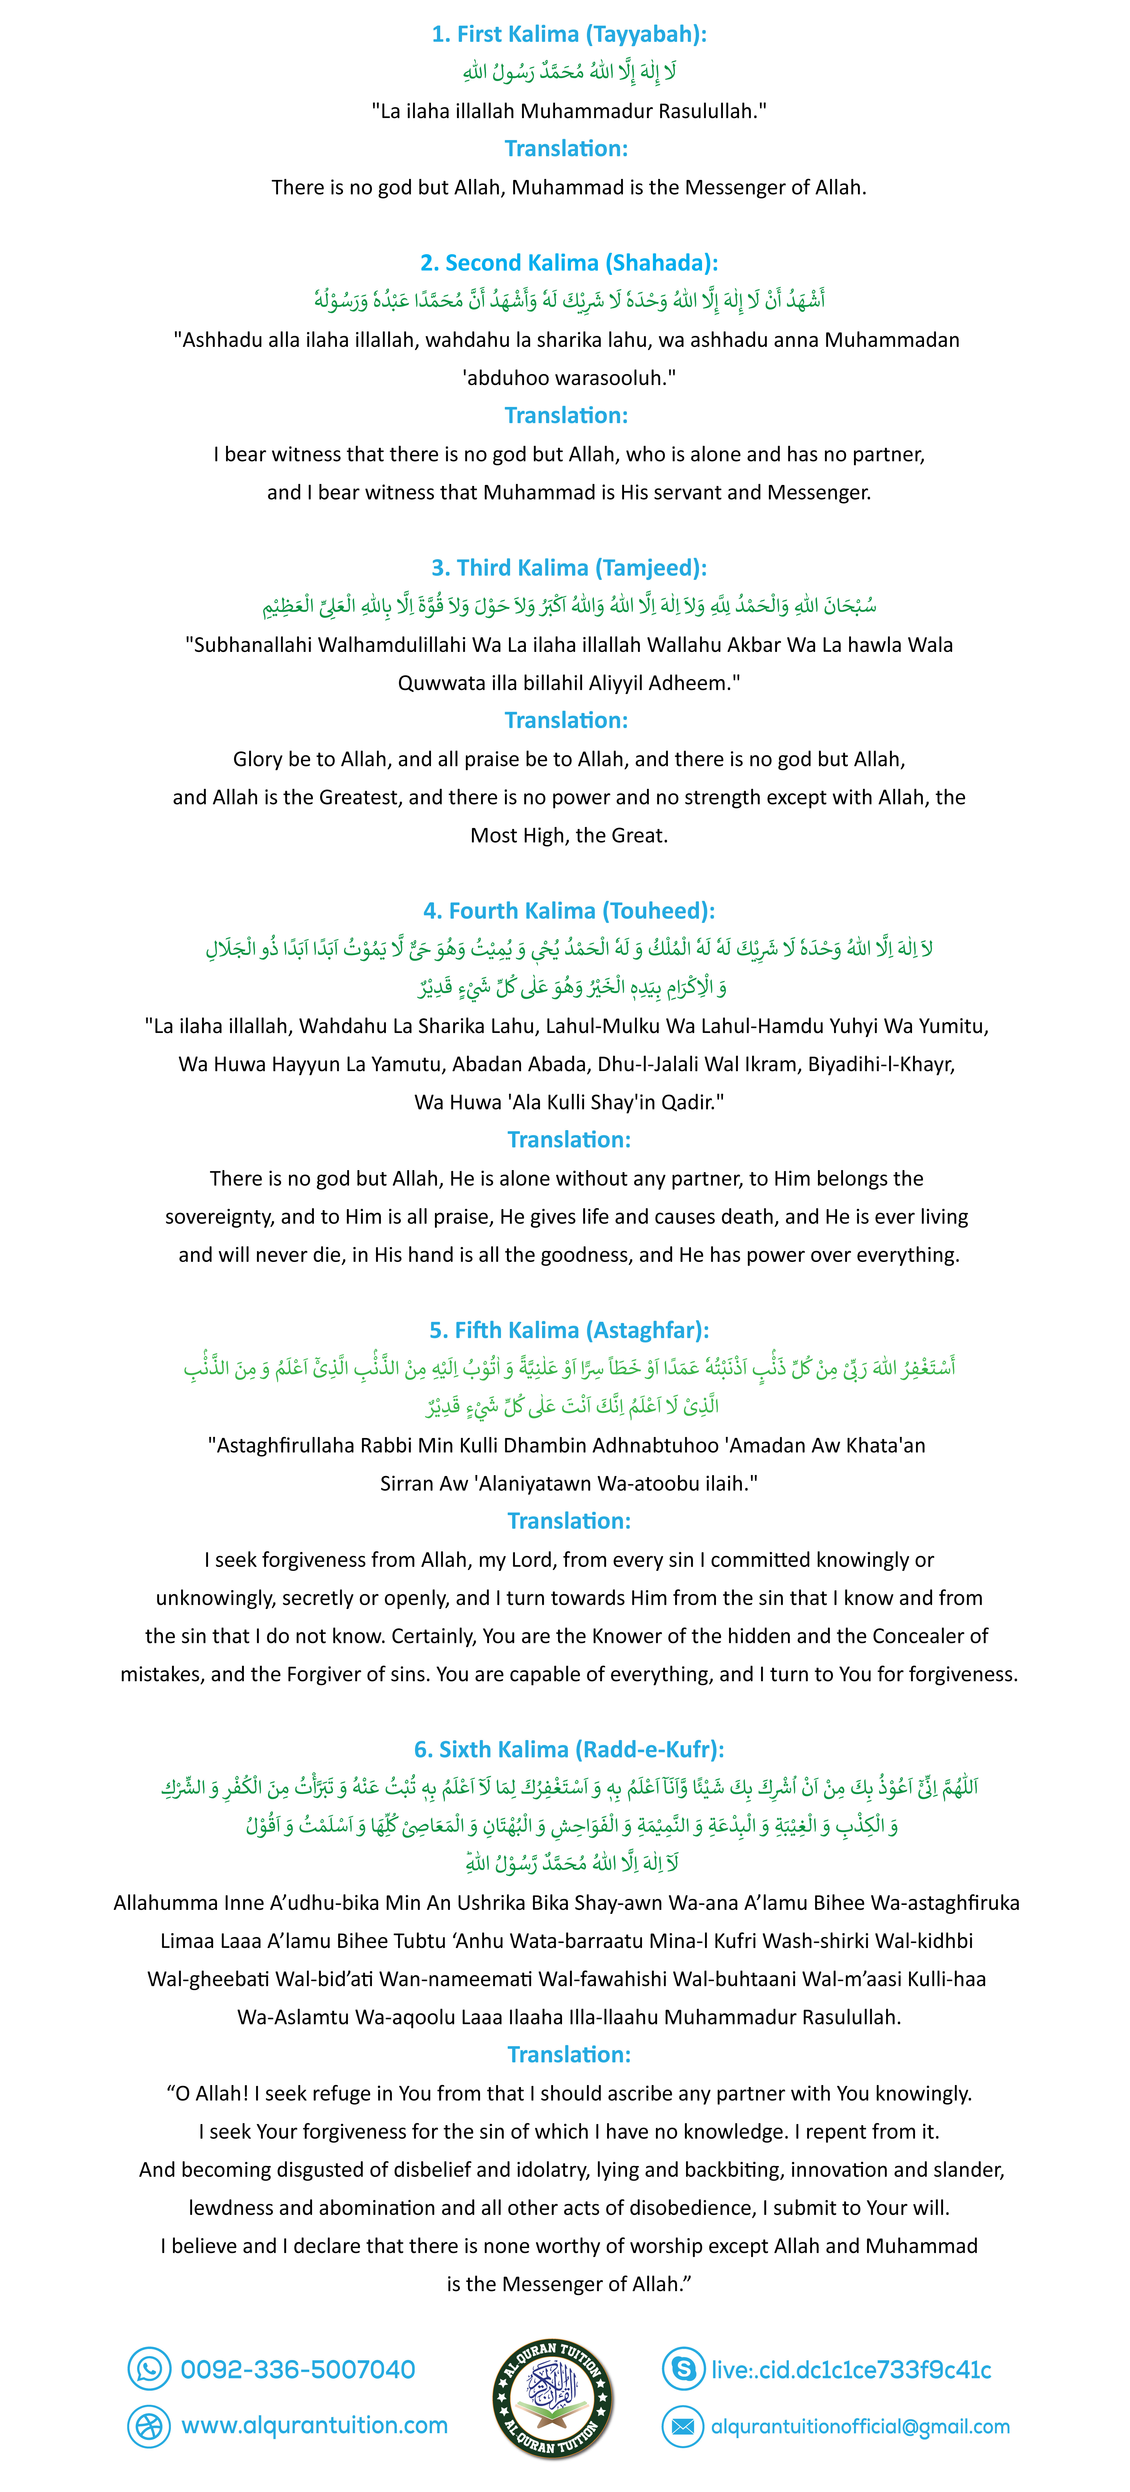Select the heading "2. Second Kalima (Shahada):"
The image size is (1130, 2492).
point(569,263)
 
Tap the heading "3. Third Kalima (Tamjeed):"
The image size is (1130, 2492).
point(569,568)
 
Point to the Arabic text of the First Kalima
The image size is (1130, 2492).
point(569,73)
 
